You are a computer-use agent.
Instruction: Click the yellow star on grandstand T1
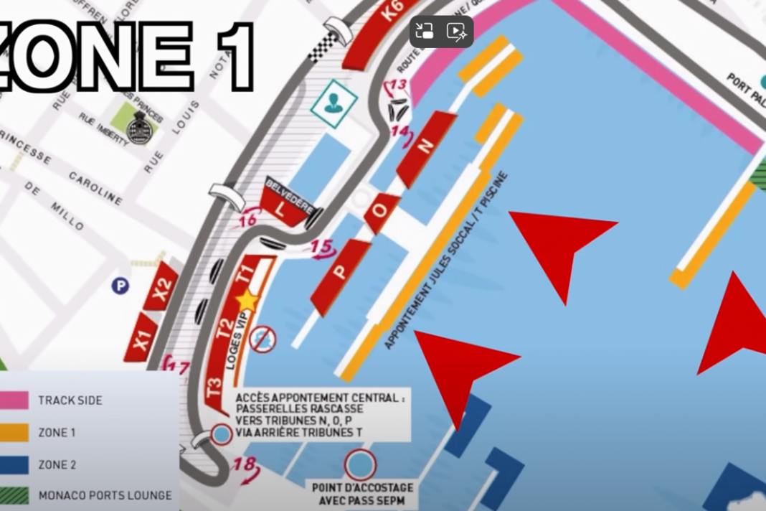point(247,301)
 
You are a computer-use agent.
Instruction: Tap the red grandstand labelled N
point(426,148)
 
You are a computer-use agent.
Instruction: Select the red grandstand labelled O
point(381,212)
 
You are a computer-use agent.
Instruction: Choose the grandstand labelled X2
point(162,286)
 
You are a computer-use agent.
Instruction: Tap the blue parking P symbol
point(120,286)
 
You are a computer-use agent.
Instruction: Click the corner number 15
point(322,247)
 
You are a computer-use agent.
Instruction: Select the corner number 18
point(244,465)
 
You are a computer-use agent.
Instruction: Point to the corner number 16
point(247,220)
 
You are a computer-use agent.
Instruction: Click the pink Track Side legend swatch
point(14,400)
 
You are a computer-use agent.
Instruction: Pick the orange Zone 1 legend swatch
point(14,433)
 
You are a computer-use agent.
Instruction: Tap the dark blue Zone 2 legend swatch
point(14,465)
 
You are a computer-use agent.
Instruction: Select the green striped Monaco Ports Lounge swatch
point(14,496)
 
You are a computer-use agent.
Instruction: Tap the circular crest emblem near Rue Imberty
point(138,129)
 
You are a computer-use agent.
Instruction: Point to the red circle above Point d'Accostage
point(361,465)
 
